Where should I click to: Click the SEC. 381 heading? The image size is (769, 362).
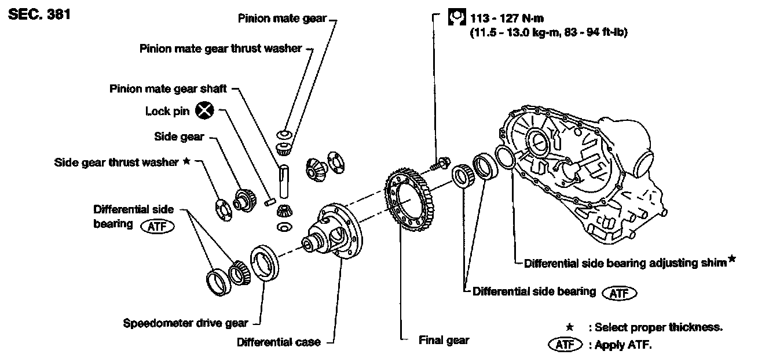(39, 14)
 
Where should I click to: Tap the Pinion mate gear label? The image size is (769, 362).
(283, 19)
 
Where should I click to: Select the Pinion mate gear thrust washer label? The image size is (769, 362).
(221, 49)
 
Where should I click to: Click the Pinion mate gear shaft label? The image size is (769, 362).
(168, 89)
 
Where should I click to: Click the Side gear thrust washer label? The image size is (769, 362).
(116, 162)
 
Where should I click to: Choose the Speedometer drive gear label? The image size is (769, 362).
(186, 323)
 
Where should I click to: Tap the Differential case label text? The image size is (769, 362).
(279, 342)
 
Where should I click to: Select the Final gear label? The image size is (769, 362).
(444, 340)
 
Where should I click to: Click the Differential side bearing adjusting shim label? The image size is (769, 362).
(625, 263)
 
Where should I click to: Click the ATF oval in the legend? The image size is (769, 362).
(564, 345)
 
